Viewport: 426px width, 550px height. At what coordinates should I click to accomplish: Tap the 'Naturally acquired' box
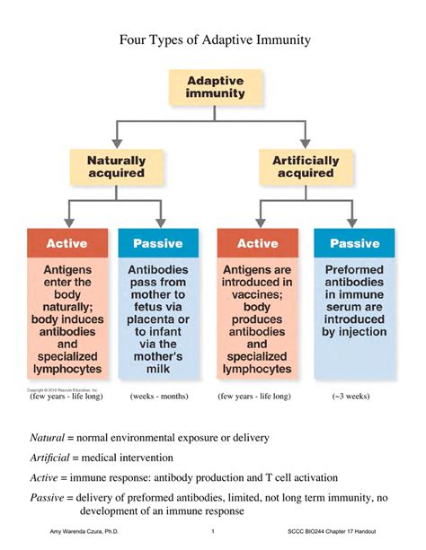[x=116, y=167]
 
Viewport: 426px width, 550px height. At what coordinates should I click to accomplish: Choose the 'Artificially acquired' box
[x=306, y=167]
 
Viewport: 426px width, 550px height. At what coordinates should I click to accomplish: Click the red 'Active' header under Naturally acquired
[x=67, y=243]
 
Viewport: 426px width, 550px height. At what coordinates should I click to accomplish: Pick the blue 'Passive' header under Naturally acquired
[x=158, y=243]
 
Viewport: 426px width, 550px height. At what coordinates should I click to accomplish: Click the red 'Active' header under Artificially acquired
[x=257, y=243]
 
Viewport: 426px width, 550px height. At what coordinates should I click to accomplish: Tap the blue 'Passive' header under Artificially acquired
[x=354, y=243]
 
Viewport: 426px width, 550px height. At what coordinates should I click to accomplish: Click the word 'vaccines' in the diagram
[x=256, y=294]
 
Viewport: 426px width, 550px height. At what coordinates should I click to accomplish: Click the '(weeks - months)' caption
[x=158, y=396]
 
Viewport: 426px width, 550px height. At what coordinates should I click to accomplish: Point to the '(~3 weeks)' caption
[x=353, y=396]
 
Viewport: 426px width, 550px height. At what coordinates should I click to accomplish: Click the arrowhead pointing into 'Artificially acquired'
[x=306, y=144]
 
